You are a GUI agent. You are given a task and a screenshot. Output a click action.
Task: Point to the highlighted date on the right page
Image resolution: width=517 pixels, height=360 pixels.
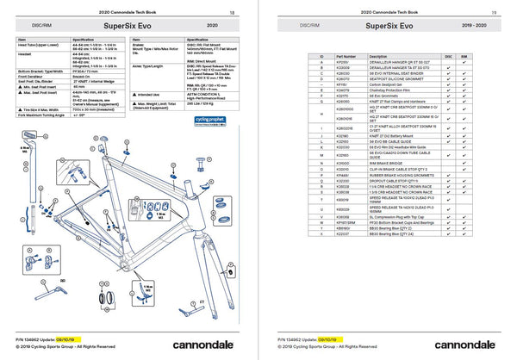(x=341, y=338)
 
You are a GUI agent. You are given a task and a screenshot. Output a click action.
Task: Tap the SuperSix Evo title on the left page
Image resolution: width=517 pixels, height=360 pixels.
(x=128, y=27)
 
